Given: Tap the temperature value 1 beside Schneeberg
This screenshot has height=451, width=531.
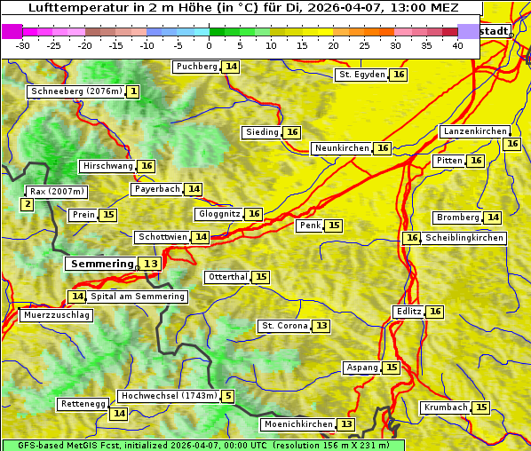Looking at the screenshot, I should pyautogui.click(x=133, y=91).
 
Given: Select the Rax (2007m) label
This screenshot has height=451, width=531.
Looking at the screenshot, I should pyautogui.click(x=56, y=191).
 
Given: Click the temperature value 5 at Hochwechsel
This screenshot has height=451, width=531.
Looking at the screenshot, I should pyautogui.click(x=228, y=396).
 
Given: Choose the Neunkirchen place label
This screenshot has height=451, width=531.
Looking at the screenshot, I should pyautogui.click(x=342, y=148).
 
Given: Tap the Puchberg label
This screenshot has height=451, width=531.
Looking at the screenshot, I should pyautogui.click(x=196, y=67).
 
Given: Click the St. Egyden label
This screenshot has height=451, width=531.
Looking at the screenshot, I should pyautogui.click(x=362, y=75).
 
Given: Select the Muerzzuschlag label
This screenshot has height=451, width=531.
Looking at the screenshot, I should pyautogui.click(x=55, y=315).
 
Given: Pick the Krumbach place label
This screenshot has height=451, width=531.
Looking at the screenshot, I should pyautogui.click(x=446, y=407).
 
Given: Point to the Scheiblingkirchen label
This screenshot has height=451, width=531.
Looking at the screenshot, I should pyautogui.click(x=464, y=238).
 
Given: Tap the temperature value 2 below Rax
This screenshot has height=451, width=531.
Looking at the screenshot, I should pyautogui.click(x=28, y=205).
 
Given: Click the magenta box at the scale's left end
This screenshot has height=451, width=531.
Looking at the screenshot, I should pyautogui.click(x=12, y=31).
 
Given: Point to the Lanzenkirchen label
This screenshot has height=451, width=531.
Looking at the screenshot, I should pyautogui.click(x=474, y=131).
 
